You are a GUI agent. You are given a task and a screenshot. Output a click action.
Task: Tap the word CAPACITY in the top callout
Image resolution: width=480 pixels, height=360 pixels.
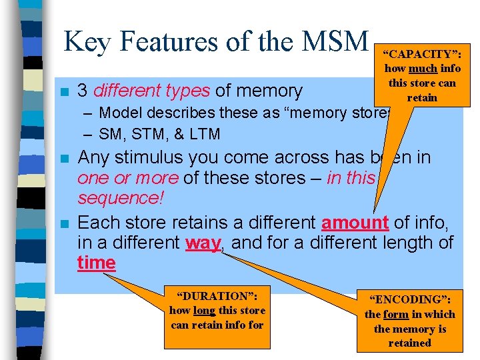click(x=421, y=53)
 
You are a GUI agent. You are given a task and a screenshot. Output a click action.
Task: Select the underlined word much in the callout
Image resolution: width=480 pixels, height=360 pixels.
click(x=424, y=69)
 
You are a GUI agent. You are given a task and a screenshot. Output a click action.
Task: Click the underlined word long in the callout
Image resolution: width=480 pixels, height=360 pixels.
click(x=203, y=310)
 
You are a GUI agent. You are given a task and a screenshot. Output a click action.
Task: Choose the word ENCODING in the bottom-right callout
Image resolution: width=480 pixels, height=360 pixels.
click(x=409, y=299)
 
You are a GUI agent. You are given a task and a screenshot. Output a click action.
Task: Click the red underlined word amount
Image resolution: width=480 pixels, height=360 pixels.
click(x=355, y=222)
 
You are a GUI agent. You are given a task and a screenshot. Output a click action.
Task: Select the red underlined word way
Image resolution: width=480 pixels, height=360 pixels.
click(x=203, y=243)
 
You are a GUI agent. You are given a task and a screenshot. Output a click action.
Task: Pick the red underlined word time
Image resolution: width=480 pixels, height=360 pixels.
click(x=96, y=263)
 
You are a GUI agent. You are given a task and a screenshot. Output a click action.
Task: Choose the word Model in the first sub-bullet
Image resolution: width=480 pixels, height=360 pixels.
click(x=119, y=113)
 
